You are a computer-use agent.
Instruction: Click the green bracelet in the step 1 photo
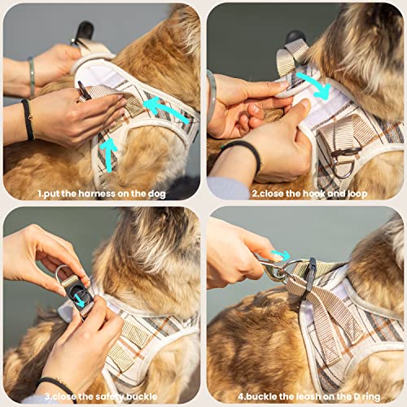[31, 77]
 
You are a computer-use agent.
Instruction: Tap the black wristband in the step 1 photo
[28, 118]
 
